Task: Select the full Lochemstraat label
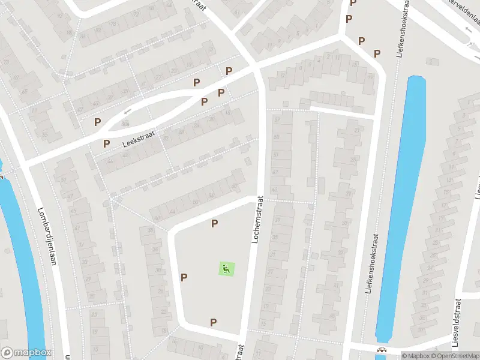tap(256, 220)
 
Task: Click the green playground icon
tap(226, 269)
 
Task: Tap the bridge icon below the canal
tap(380, 350)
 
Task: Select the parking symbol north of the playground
tap(214, 224)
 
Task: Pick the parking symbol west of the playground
tap(184, 277)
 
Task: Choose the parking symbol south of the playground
tap(213, 323)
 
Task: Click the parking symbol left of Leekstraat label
tap(106, 143)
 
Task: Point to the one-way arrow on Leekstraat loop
tap(127, 112)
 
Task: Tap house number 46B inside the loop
tap(125, 124)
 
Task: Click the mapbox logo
tap(26, 353)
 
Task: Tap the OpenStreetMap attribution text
tap(455, 356)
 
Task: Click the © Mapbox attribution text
tap(416, 356)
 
